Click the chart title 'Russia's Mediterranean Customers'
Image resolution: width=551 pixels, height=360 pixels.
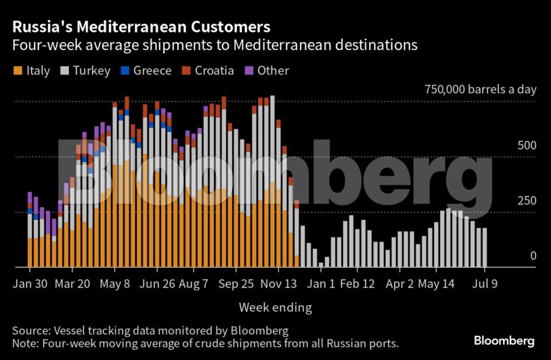click(141, 27)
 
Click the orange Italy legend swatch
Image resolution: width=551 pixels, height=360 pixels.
click(18, 70)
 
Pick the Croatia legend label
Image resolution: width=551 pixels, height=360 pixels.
click(214, 70)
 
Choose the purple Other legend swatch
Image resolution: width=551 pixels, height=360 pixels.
click(248, 70)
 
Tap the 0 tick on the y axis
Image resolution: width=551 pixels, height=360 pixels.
click(514, 256)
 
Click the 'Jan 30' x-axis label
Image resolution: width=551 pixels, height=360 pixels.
click(30, 284)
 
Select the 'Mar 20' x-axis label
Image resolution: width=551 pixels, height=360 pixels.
click(73, 284)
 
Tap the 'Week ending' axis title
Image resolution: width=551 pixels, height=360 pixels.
click(275, 308)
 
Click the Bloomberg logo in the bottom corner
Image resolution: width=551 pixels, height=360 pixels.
click(504, 341)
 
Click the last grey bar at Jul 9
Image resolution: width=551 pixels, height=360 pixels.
click(484, 247)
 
